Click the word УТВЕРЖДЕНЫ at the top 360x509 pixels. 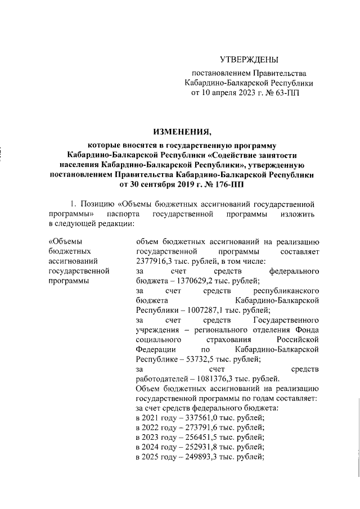tap(249, 59)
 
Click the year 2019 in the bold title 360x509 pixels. tap(192, 184)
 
